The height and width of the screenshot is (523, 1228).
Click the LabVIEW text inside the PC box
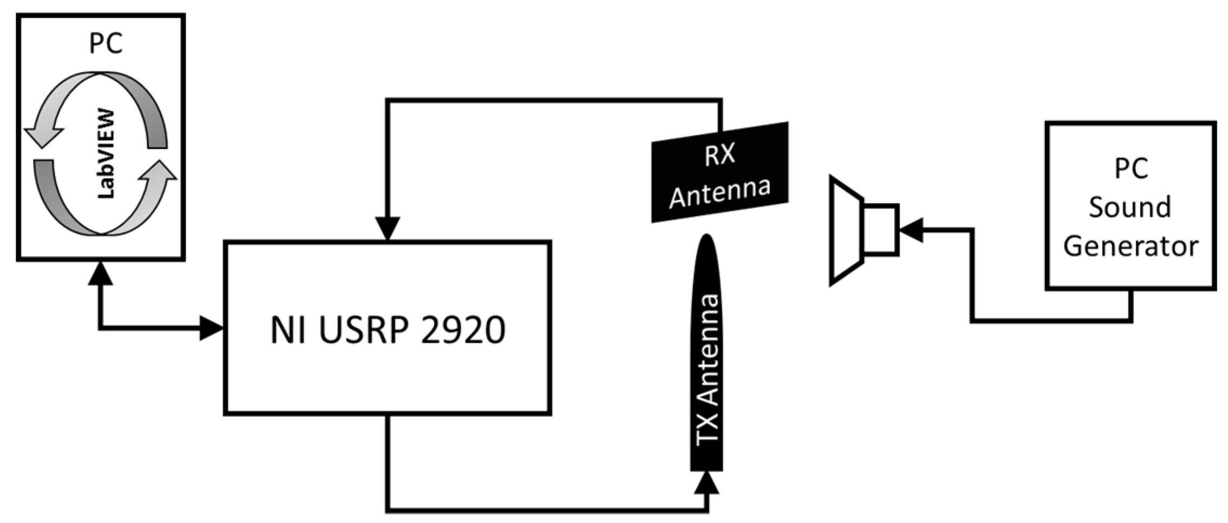107,154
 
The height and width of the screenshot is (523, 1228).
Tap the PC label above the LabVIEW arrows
106,43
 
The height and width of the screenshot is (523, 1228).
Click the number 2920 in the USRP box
463,330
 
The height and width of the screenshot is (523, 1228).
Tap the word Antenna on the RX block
720,192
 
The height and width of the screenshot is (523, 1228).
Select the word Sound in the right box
1130,207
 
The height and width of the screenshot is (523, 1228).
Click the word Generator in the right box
1131,246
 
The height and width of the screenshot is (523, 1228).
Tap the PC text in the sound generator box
1131,168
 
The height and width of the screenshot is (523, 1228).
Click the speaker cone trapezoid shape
846,230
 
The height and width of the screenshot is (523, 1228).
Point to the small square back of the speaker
881,230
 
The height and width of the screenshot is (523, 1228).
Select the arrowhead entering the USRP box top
388,228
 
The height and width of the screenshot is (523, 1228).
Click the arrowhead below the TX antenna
707,483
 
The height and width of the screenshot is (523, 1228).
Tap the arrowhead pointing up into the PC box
100,273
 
